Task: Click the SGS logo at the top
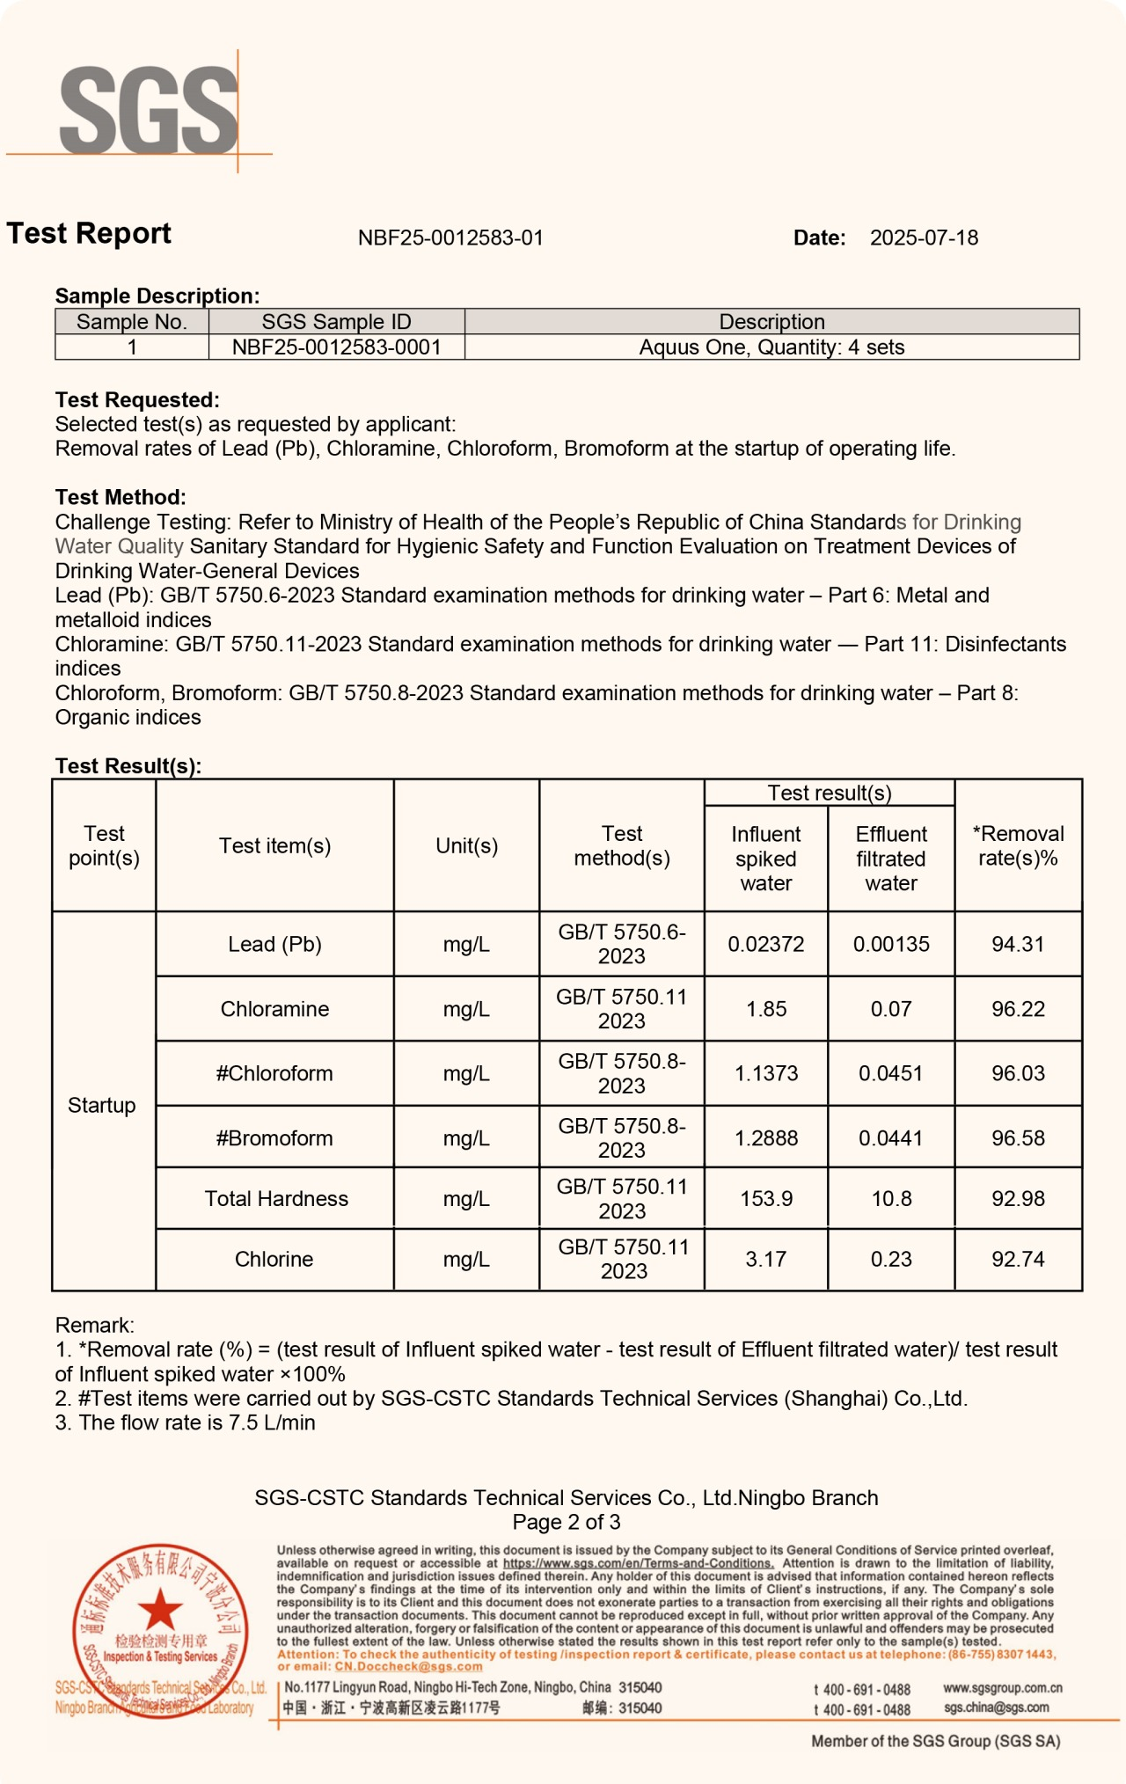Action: (x=148, y=109)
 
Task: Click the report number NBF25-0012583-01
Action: (x=450, y=238)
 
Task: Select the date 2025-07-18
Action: (x=924, y=238)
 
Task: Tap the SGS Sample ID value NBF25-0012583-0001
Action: (x=336, y=347)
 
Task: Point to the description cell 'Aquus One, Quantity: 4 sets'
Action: (x=771, y=347)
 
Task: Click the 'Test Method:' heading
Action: (x=121, y=497)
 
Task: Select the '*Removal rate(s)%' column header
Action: (x=1018, y=846)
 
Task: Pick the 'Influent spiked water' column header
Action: (x=766, y=859)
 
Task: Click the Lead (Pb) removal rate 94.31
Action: (x=1018, y=945)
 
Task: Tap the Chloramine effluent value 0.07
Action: (x=891, y=1009)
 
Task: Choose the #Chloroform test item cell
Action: (x=274, y=1074)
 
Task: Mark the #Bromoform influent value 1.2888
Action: (x=766, y=1138)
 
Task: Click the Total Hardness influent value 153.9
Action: (x=766, y=1199)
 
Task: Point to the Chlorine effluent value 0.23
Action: (x=891, y=1260)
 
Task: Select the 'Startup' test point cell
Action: (x=102, y=1106)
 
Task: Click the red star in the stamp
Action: (x=160, y=1609)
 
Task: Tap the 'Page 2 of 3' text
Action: (x=567, y=1523)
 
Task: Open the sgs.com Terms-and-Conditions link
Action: (x=638, y=1563)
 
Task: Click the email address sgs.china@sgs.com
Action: (x=996, y=1707)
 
